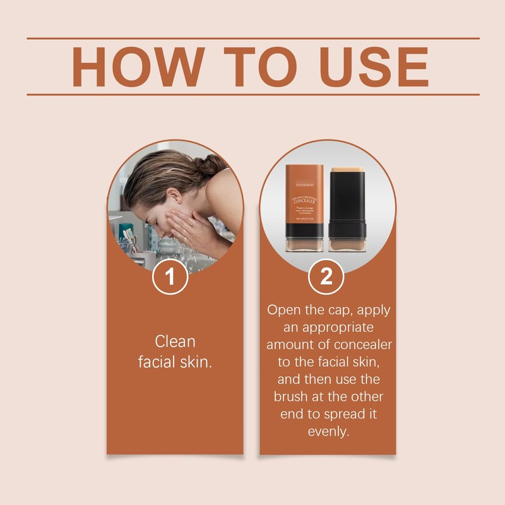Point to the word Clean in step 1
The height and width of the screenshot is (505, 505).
(175, 342)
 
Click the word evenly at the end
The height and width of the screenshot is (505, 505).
(328, 432)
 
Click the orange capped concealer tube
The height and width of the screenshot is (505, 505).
(305, 208)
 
